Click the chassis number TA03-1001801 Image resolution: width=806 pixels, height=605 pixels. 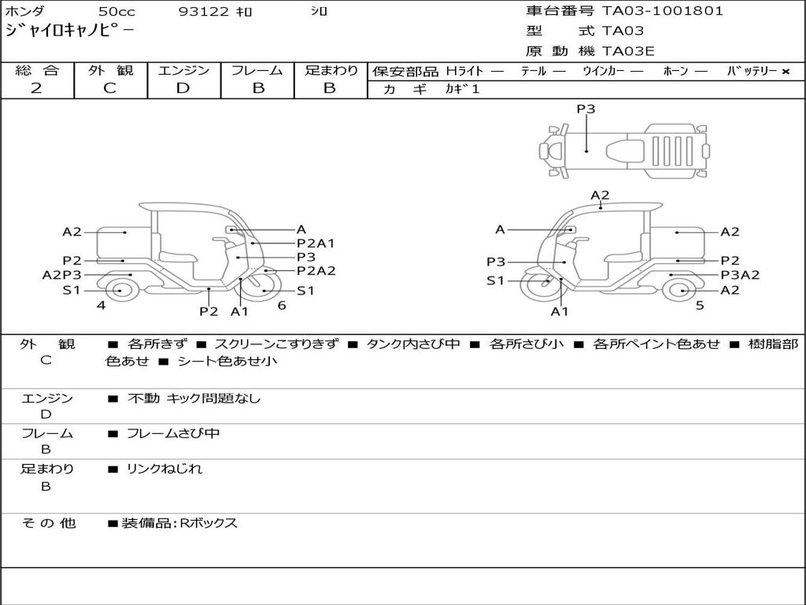(662, 11)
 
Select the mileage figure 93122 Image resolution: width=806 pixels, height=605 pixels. (203, 12)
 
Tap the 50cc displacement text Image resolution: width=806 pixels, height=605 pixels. (116, 12)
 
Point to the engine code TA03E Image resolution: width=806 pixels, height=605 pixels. (629, 51)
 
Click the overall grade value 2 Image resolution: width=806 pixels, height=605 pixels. (36, 88)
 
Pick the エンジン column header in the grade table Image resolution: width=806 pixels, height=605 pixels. (183, 70)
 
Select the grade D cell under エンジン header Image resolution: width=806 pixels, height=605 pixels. (183, 88)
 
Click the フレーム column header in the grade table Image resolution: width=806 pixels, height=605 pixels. (257, 70)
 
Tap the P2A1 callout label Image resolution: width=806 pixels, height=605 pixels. (316, 243)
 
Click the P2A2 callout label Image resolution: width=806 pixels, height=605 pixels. (316, 270)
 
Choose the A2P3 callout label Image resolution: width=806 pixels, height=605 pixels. (61, 275)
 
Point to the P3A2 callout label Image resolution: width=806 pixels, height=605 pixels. (740, 275)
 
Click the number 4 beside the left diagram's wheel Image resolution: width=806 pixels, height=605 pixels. (101, 305)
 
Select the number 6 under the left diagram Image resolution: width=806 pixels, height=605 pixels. (282, 305)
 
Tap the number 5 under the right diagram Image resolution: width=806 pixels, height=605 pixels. (699, 305)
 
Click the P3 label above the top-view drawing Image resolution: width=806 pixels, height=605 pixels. (586, 109)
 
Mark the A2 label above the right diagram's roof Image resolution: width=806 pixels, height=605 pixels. (600, 195)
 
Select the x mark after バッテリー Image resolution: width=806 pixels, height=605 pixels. (785, 71)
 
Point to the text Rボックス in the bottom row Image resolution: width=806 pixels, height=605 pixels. (209, 523)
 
